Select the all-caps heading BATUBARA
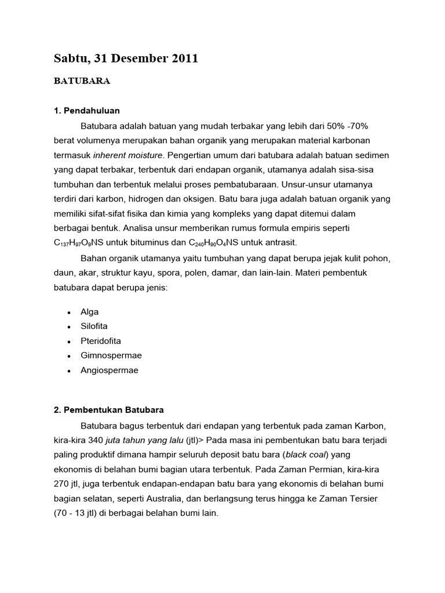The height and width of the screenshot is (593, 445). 82,82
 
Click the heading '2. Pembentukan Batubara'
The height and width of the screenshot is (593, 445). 109,410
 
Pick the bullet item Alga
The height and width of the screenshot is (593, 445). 90,312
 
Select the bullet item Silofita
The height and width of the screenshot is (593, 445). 94,326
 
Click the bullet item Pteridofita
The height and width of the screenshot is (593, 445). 101,341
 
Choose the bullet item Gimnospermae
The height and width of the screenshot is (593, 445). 111,356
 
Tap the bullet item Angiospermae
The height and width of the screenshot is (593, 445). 110,371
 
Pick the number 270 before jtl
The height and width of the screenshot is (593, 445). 61,484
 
